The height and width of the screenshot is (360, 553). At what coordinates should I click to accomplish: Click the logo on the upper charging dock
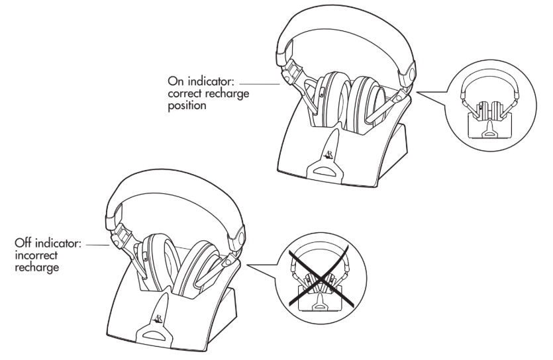(328, 156)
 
